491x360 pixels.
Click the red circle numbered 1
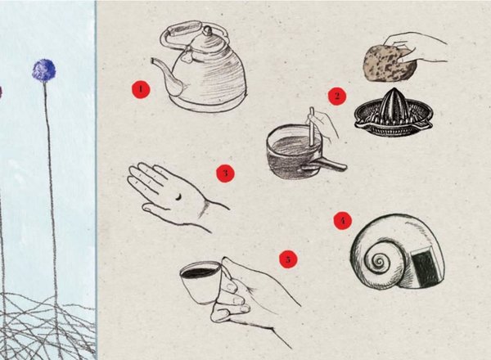tap(141, 89)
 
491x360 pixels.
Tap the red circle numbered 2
tap(337, 96)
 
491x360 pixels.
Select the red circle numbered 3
tap(225, 173)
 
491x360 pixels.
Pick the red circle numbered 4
tap(343, 220)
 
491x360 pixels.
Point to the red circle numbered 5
tap(288, 259)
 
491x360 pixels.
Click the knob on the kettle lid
tap(207, 30)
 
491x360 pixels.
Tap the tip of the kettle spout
tap(153, 60)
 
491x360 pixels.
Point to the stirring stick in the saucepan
tap(312, 127)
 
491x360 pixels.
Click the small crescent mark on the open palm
tap(178, 196)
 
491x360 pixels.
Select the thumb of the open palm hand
tap(156, 208)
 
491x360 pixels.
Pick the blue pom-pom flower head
tap(44, 70)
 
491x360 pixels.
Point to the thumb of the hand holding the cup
tap(227, 269)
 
